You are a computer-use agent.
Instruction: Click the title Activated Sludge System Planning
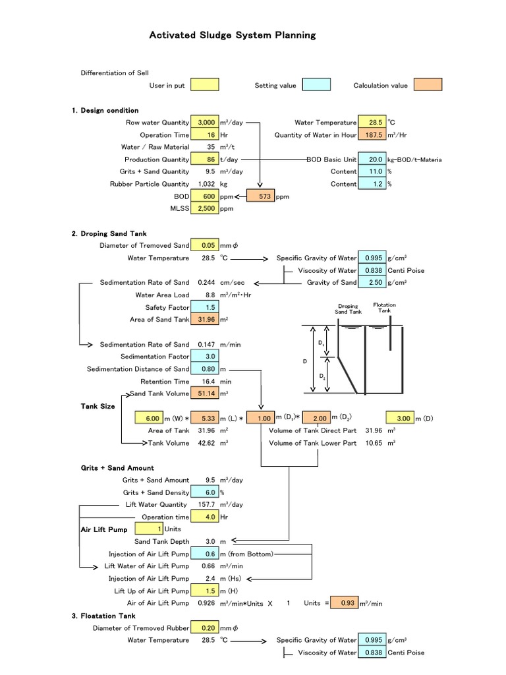(233, 35)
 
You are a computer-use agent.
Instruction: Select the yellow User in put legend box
(205, 85)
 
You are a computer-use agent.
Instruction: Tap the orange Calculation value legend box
(428, 85)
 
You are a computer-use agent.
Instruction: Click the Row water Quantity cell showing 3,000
(205, 123)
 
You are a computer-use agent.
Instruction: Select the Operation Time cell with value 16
(205, 134)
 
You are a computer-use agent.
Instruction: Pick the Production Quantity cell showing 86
(205, 160)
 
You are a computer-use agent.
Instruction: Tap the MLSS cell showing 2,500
(205, 209)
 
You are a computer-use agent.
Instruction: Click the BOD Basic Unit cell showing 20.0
(372, 160)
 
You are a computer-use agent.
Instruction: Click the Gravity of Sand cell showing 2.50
(372, 283)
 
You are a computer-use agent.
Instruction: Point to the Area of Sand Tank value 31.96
(205, 320)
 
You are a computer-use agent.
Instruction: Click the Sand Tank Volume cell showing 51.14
(205, 394)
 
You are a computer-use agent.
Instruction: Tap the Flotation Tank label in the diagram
(384, 308)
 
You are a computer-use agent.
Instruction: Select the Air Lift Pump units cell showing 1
(149, 529)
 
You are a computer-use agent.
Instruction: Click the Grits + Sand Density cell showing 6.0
(205, 492)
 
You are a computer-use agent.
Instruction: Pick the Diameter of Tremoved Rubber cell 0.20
(205, 628)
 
